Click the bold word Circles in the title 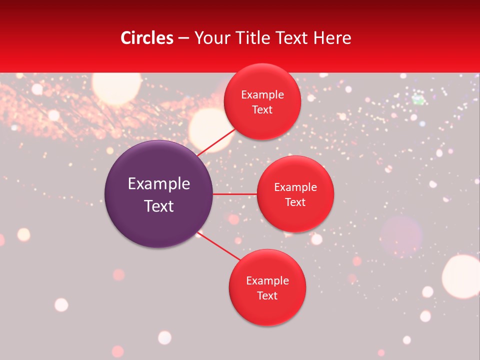tap(147, 38)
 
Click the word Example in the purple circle tap(159, 184)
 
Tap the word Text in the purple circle tap(159, 206)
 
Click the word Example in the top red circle tap(262, 95)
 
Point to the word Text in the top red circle tap(262, 110)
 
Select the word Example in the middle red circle tap(295, 187)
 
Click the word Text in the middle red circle tap(295, 202)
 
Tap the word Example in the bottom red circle tap(267, 281)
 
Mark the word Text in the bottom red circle tap(267, 296)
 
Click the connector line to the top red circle tap(216, 141)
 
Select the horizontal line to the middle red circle tap(234, 193)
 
